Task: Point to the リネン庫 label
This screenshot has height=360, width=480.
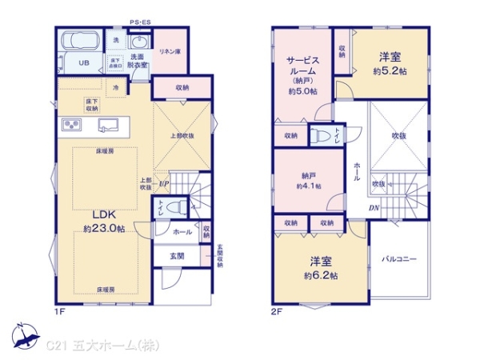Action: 168,51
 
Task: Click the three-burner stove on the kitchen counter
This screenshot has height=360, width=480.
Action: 71,125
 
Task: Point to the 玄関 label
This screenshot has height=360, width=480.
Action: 177,256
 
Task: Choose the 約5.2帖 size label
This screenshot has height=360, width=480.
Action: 390,70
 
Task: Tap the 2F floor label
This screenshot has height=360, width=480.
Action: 276,310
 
